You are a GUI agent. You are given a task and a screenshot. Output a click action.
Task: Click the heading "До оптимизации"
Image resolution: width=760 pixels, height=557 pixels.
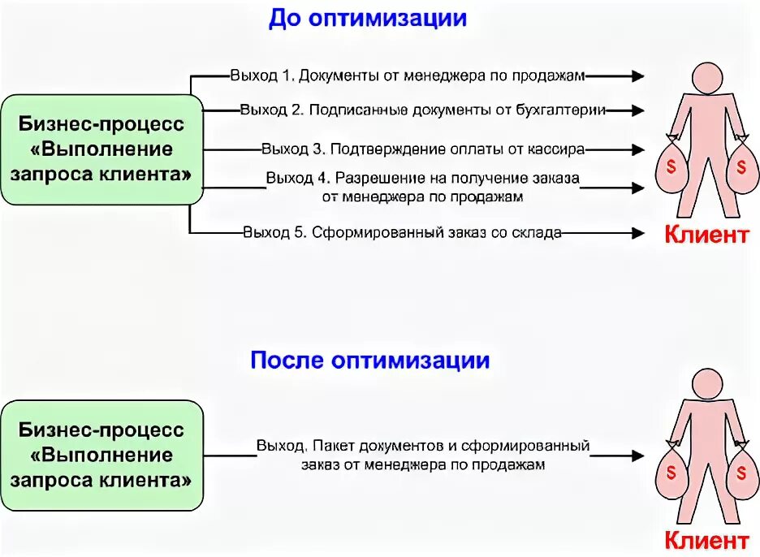click(x=368, y=18)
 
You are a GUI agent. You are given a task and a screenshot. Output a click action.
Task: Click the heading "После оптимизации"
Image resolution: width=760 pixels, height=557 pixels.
click(x=369, y=360)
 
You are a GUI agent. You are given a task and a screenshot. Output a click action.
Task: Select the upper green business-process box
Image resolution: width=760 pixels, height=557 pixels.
click(x=101, y=149)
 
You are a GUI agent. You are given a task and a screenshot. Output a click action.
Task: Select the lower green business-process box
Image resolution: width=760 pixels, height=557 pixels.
click(x=101, y=454)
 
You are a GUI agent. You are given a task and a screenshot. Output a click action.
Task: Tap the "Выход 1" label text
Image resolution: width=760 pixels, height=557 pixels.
click(x=406, y=76)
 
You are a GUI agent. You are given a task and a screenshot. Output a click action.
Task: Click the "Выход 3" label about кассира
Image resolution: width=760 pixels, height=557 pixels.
click(x=423, y=149)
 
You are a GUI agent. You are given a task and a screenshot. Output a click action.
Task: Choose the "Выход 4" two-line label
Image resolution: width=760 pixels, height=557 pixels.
click(x=423, y=186)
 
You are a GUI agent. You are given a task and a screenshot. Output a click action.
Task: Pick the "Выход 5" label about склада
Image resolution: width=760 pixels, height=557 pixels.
click(x=402, y=233)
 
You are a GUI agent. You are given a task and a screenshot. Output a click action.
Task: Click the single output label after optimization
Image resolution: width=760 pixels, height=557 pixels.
click(x=422, y=456)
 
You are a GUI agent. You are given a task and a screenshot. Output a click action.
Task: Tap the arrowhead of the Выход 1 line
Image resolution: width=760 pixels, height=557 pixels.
click(x=637, y=76)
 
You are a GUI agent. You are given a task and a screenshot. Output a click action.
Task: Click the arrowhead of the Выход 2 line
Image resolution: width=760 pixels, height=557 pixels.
click(x=637, y=110)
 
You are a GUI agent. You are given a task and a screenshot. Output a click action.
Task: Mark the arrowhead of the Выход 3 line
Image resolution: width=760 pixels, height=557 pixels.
click(x=637, y=149)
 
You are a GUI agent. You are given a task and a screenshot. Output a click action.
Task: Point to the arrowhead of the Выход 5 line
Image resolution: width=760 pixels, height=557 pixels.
click(x=637, y=233)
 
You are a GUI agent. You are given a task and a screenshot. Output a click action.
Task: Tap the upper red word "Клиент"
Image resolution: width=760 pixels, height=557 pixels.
click(x=706, y=235)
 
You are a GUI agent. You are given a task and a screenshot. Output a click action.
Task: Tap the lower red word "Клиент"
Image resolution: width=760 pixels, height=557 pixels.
click(x=706, y=540)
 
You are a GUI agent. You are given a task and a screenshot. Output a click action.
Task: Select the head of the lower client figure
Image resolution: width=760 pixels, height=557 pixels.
click(x=705, y=381)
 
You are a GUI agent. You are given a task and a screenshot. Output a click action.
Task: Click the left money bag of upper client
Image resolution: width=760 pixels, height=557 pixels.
click(x=671, y=167)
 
